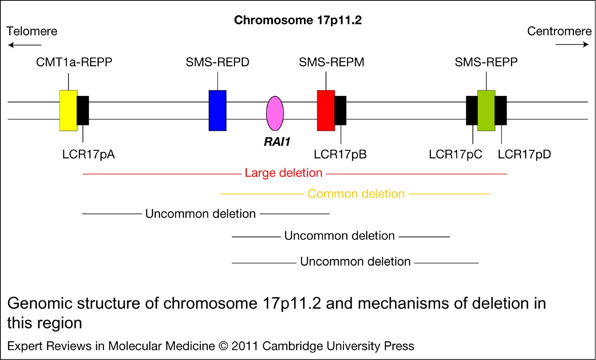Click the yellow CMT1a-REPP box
(68, 110)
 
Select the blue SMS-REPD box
(217, 110)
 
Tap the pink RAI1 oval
(275, 113)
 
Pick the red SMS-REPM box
(326, 110)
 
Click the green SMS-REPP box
(486, 110)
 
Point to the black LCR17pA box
(83, 110)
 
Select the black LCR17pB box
(341, 110)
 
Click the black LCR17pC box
(472, 110)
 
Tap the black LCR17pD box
(501, 110)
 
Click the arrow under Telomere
(24, 45)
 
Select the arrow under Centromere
(572, 44)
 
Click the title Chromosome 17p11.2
(298, 20)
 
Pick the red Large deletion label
(284, 173)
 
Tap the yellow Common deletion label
(356, 194)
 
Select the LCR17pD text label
(524, 154)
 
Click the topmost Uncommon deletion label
(201, 213)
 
